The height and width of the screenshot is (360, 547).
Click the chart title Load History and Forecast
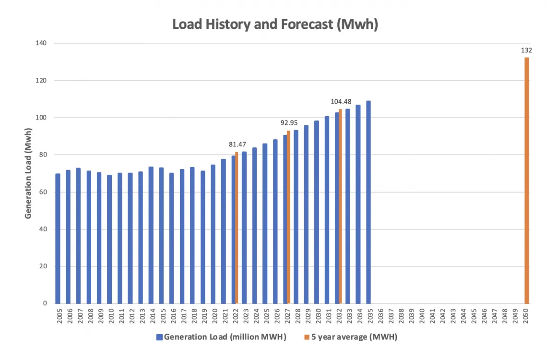[x=275, y=24]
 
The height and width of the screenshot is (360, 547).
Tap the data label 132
[x=526, y=50]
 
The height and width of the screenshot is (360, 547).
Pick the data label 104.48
[x=341, y=101]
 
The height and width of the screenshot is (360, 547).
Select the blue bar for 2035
[x=369, y=202]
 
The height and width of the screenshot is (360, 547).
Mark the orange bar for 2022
[x=237, y=228]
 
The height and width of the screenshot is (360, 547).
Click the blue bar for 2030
[x=317, y=212]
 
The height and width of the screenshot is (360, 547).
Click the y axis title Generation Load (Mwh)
[x=28, y=173]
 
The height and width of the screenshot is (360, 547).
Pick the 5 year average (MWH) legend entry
[x=350, y=337]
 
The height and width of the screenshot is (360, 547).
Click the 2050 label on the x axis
[x=526, y=316]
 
